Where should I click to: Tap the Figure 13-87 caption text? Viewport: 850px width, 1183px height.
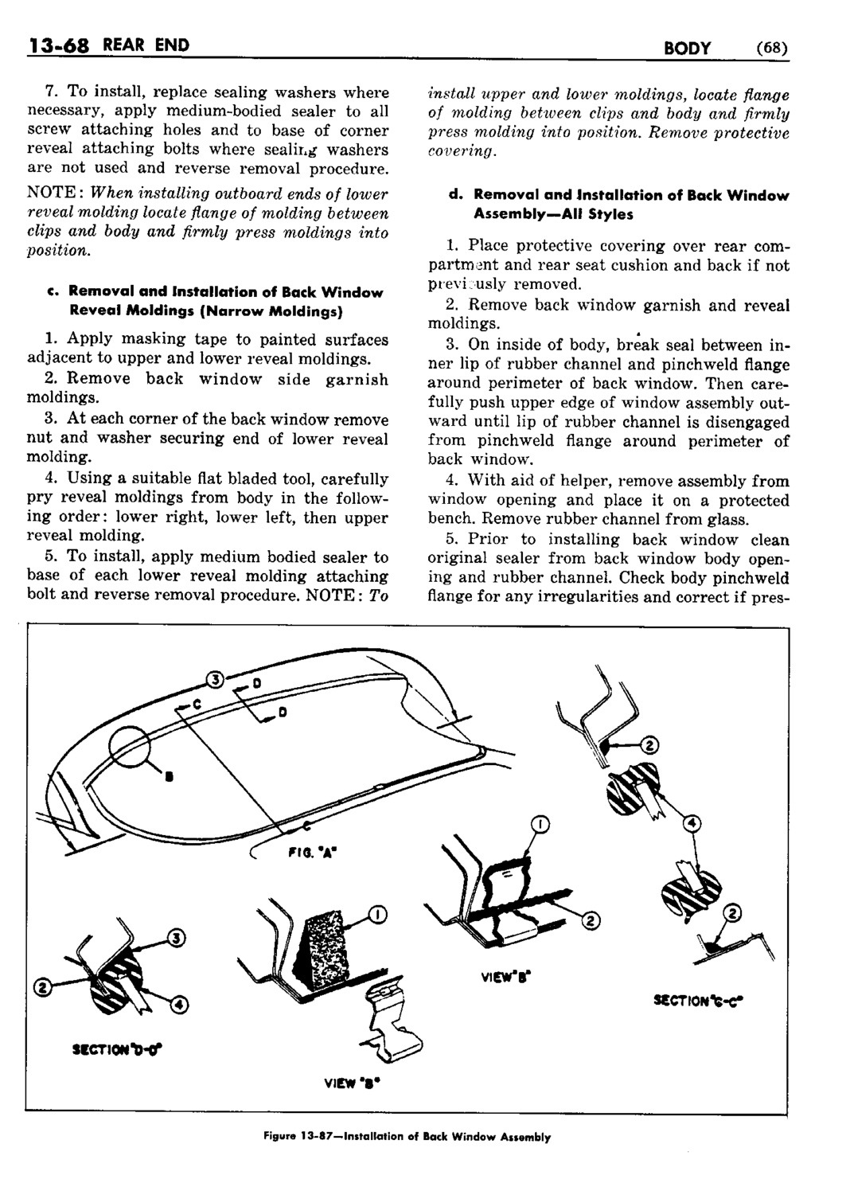pos(424,1137)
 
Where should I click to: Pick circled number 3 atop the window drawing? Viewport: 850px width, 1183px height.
pos(213,679)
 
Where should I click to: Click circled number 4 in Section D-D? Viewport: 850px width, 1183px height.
pos(181,1006)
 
